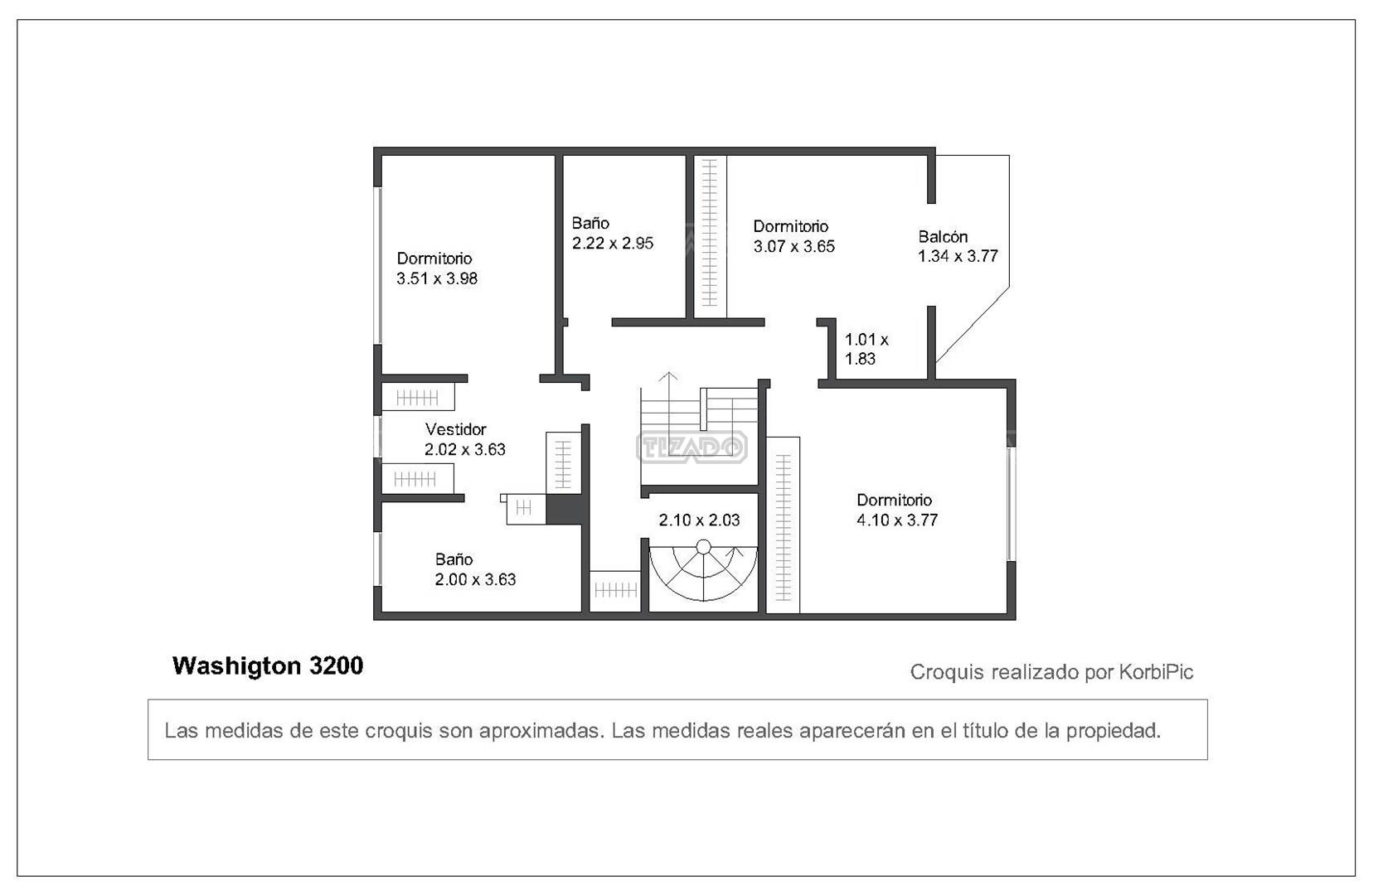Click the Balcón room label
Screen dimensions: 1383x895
coord(943,236)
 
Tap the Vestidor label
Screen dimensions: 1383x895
coord(456,429)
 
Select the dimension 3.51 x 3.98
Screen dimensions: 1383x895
coord(437,278)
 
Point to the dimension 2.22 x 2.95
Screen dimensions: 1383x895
coord(613,243)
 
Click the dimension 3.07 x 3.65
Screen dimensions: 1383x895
coord(794,246)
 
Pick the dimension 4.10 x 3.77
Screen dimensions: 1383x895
coord(897,520)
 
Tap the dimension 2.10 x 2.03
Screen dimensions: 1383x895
coord(699,520)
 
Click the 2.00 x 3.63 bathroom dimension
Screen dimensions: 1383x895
coord(475,579)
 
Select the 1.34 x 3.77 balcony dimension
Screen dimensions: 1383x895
coord(958,256)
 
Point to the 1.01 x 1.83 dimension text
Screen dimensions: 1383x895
coord(866,349)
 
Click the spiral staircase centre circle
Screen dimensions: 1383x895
coord(703,547)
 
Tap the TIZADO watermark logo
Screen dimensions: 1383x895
coord(691,447)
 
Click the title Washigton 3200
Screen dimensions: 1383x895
coord(268,665)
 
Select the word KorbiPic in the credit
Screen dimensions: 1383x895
coord(1156,671)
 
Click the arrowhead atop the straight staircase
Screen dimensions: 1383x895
coord(667,376)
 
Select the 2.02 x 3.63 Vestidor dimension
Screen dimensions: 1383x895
coord(465,449)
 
